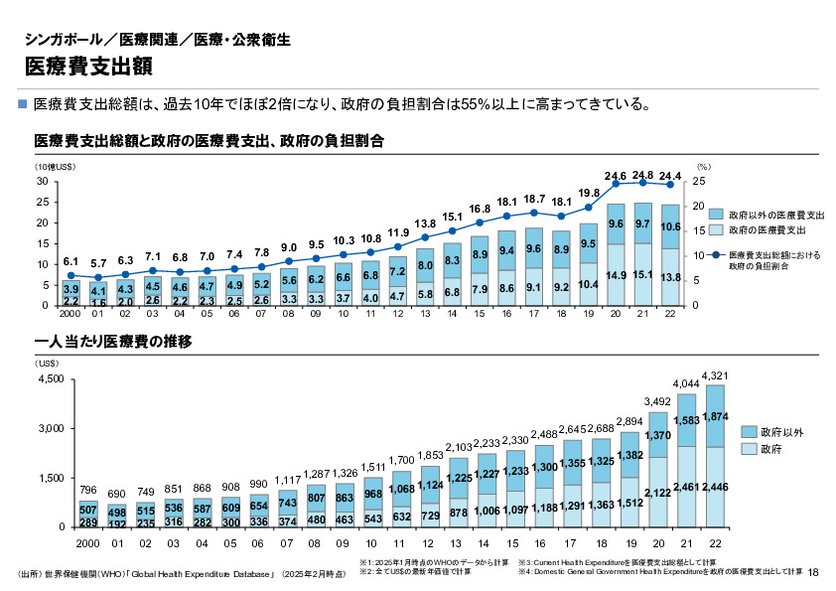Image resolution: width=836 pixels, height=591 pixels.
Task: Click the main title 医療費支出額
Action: [x=89, y=67]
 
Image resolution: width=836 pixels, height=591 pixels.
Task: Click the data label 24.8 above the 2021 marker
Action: [x=642, y=173]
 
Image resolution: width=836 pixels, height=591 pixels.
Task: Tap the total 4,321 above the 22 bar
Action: [x=716, y=374]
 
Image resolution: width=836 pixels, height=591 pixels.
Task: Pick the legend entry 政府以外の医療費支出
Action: [x=775, y=215]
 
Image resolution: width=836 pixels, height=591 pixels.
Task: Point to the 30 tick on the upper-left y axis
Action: [x=43, y=182]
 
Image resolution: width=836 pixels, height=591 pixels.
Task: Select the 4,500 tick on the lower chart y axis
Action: [x=50, y=379]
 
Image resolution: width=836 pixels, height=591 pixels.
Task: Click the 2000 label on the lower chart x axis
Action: [x=87, y=544]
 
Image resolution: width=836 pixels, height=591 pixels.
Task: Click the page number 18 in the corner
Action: [x=814, y=572]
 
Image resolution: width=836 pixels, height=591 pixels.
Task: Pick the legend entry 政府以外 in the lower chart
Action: [x=781, y=433]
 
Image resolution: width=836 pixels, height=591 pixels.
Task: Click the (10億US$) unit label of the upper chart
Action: [x=56, y=168]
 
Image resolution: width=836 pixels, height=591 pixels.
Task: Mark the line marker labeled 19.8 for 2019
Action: [x=589, y=208]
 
